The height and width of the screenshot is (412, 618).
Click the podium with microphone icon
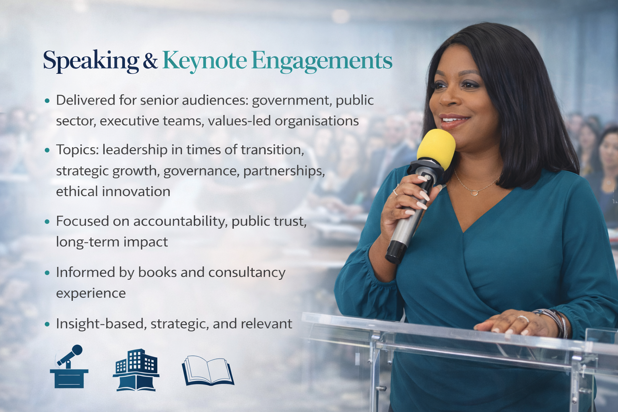(x=69, y=367)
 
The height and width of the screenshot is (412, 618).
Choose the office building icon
(x=136, y=370)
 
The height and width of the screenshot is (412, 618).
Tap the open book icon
(x=208, y=370)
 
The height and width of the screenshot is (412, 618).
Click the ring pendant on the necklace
(x=474, y=193)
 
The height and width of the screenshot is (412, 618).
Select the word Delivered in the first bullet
(x=86, y=100)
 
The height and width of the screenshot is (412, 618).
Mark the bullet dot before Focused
(x=47, y=222)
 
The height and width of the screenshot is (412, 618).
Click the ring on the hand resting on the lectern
(x=523, y=319)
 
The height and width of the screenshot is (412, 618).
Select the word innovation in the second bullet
(x=136, y=192)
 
